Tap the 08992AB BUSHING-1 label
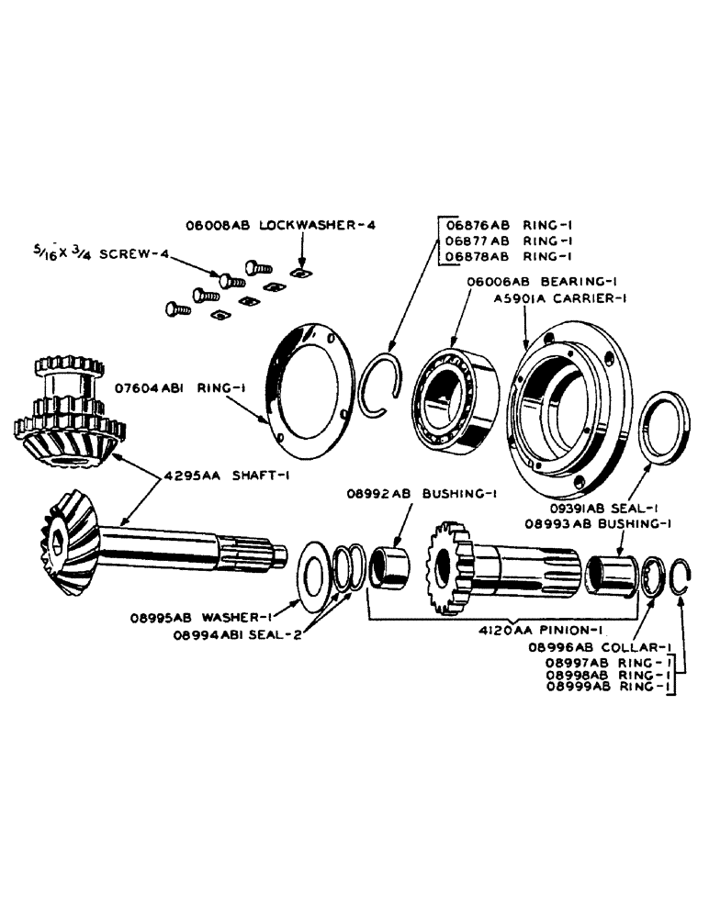(422, 493)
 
